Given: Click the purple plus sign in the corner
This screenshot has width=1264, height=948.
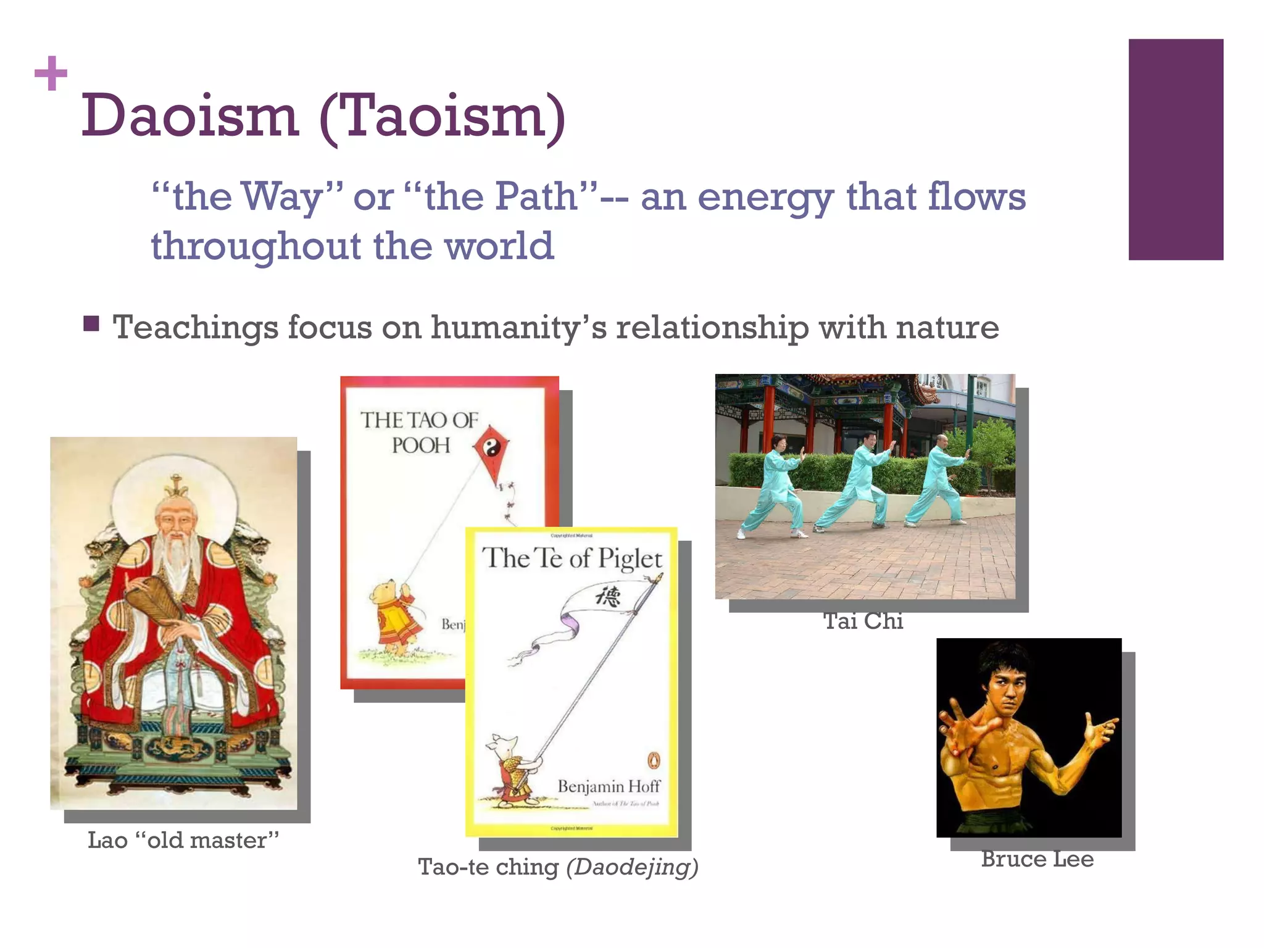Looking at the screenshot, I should coord(51,73).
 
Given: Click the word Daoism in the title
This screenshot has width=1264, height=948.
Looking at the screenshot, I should coord(190,115).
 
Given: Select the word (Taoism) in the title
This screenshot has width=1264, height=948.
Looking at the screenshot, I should coord(443,117).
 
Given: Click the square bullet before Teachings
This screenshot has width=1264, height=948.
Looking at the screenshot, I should coord(91,324).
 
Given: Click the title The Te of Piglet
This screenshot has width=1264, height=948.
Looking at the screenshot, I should coord(572,559).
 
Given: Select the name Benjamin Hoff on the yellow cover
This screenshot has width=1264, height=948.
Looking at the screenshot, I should coord(609,786).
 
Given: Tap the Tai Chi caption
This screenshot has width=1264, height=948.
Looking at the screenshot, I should coord(863,621).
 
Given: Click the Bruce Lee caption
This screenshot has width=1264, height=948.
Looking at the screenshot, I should coord(1037,859).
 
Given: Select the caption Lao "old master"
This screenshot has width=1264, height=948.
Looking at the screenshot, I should coord(183,840).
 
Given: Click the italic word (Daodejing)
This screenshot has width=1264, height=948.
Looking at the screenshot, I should coord(632,867).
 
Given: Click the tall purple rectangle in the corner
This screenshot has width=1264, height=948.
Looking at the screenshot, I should coord(1175,149).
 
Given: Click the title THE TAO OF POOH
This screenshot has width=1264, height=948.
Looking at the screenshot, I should coord(420,432).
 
